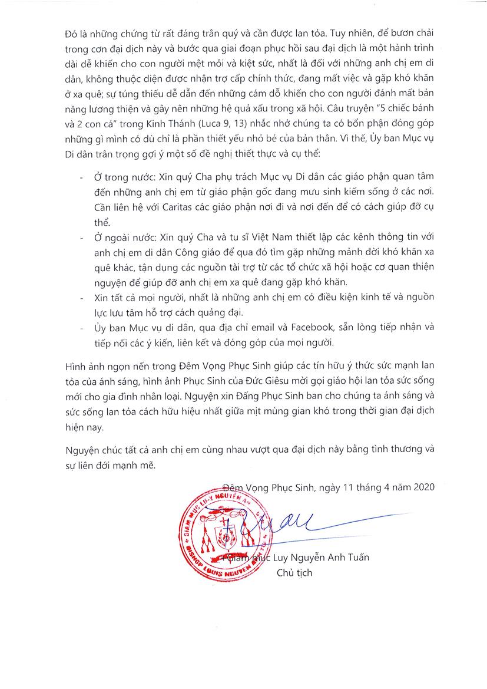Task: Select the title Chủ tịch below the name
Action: (x=294, y=572)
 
